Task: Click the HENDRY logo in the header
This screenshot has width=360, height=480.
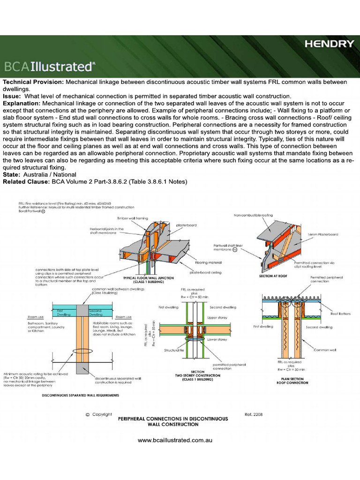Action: [330, 44]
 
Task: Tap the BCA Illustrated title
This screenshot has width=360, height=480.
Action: [49, 66]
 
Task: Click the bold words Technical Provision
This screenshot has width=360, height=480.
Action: [33, 82]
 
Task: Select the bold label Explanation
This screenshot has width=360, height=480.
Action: [22, 103]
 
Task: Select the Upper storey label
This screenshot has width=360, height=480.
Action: [217, 317]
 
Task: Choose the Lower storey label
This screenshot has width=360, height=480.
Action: [217, 339]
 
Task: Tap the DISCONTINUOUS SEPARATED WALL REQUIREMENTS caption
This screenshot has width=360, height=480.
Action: [80, 395]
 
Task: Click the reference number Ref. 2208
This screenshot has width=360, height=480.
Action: [255, 414]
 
